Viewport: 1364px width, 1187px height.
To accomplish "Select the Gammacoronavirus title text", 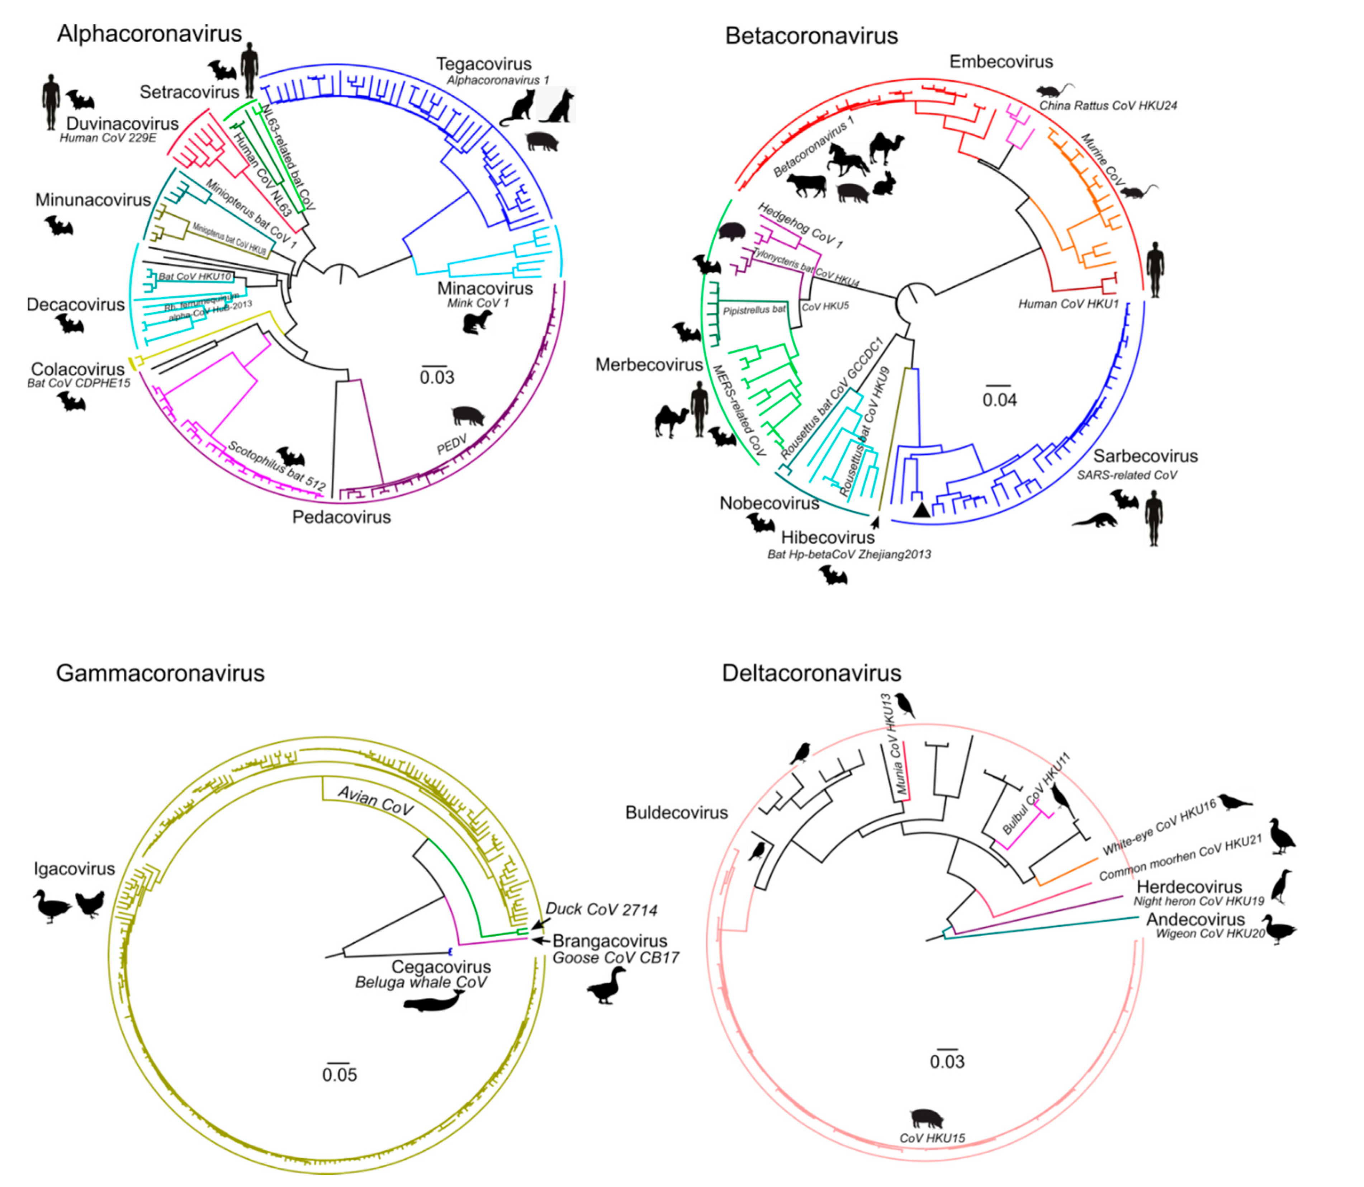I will pyautogui.click(x=160, y=673).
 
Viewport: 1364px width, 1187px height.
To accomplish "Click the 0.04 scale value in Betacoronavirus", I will pyautogui.click(x=999, y=400).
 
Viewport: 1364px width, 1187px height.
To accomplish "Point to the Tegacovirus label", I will pyautogui.click(x=483, y=64).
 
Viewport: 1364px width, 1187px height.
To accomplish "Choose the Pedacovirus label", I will pyautogui.click(x=342, y=517).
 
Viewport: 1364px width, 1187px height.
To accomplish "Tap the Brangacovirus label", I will pyautogui.click(x=610, y=941).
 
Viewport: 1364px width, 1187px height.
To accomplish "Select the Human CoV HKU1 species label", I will pyautogui.click(x=1068, y=304).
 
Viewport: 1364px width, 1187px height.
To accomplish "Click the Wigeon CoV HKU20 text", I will pyautogui.click(x=1210, y=934).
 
